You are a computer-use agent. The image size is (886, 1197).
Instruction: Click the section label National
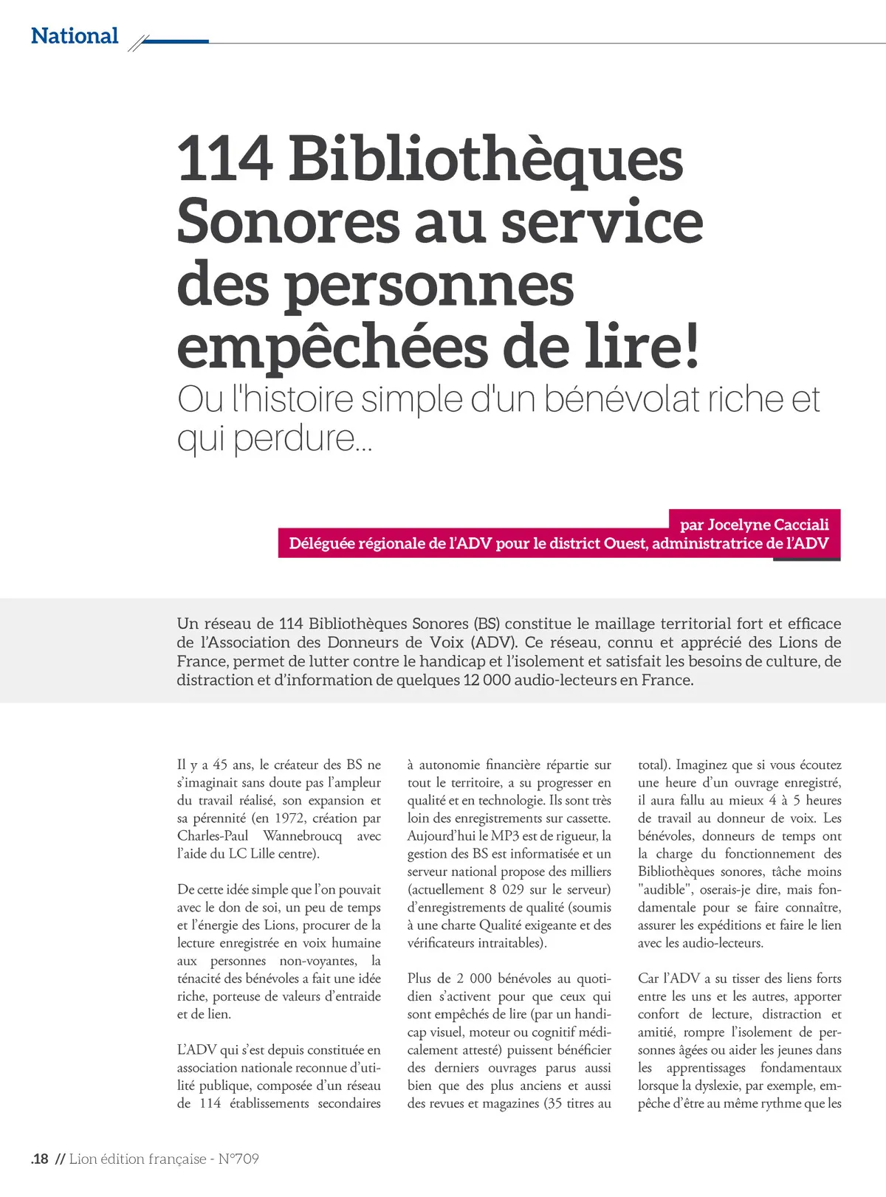click(x=75, y=35)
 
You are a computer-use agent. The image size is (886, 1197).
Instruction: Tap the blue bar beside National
click(x=175, y=41)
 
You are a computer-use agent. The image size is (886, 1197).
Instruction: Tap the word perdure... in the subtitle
click(x=303, y=438)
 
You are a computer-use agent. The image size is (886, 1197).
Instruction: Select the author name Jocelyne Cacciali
click(x=768, y=525)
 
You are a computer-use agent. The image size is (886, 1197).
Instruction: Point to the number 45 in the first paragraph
click(x=219, y=765)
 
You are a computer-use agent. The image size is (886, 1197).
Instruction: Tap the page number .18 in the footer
click(x=40, y=1159)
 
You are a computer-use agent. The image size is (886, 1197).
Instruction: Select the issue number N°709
click(x=238, y=1159)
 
